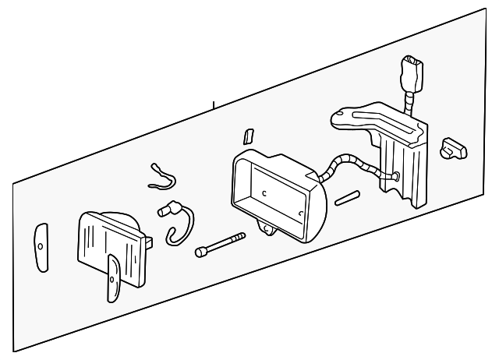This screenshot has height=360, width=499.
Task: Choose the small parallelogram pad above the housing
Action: pyautogui.click(x=247, y=136)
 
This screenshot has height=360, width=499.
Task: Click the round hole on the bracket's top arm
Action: pyautogui.click(x=339, y=118)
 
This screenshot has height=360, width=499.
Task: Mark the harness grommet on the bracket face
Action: pyautogui.click(x=397, y=177)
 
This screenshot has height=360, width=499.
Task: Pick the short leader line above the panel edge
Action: pyautogui.click(x=213, y=102)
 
